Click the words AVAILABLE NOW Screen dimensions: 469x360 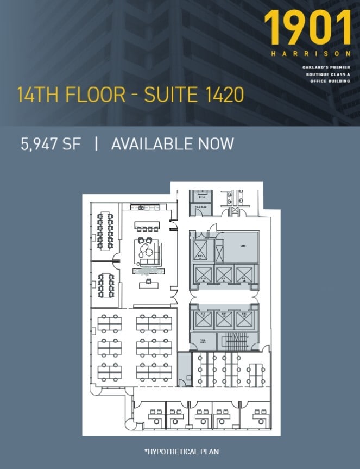pyautogui.click(x=172, y=143)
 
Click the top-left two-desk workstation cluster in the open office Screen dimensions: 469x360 pyautogui.click(x=109, y=323)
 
